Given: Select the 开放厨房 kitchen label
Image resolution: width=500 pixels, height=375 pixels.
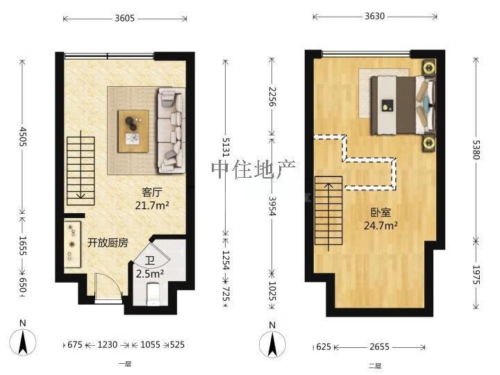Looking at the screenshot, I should coord(108,243).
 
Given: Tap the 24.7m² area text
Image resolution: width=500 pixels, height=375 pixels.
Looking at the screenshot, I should coord(381,226).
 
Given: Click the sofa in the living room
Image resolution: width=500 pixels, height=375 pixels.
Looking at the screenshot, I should coord(171,130).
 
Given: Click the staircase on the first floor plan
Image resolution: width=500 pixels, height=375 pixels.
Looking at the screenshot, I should coord(81,167).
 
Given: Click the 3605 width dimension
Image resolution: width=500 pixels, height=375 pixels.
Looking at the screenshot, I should coord(125,19).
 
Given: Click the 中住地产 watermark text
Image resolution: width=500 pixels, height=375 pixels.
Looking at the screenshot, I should coord(253,169).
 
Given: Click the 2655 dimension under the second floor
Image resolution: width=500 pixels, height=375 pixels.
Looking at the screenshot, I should coord(378,345).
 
